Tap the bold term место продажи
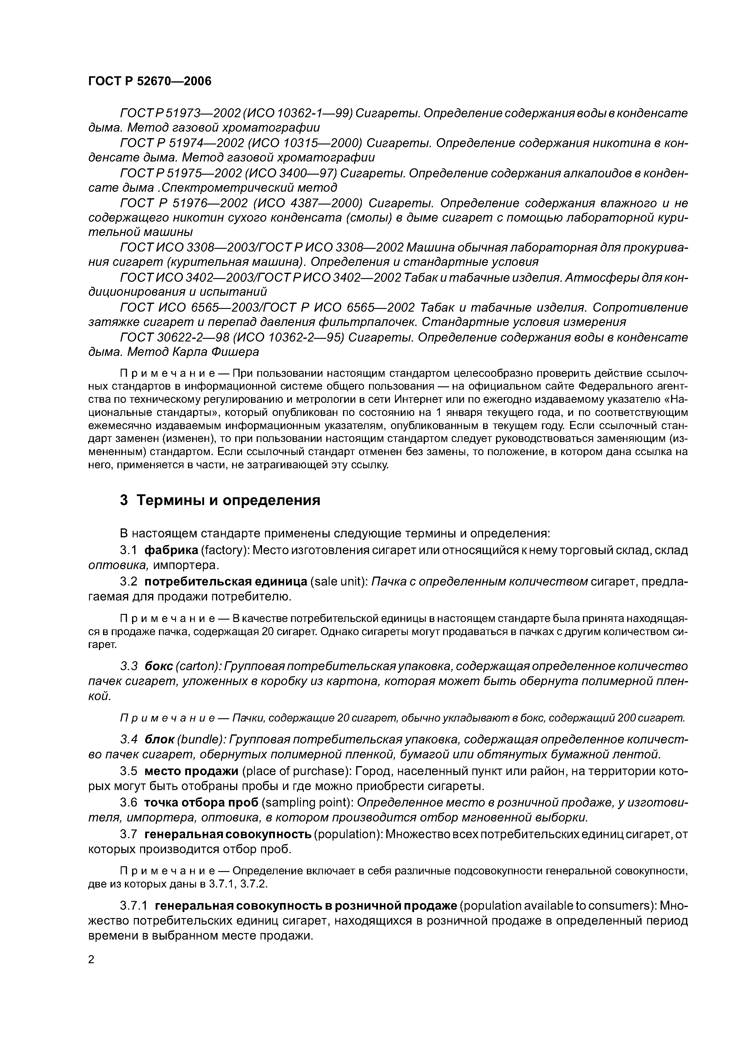[191, 771]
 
